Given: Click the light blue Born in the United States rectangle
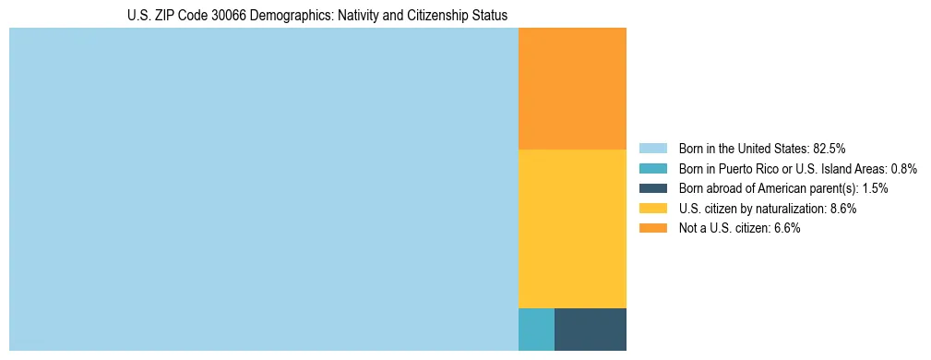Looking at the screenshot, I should coord(264,189).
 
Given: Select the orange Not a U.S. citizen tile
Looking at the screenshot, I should coord(572,89).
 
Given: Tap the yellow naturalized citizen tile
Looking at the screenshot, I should coord(572,228).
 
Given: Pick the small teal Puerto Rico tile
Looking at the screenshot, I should coord(536,329).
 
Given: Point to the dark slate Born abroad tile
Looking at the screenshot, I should coord(591,329).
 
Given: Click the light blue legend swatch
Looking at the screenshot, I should coord(652,149).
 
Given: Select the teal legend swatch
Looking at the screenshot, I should coord(652,169).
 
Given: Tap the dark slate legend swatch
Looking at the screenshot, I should coord(652,188).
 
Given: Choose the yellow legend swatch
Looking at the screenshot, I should coord(652,209).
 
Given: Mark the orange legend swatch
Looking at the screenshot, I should coord(652,229).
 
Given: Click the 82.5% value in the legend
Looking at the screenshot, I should coord(830,149).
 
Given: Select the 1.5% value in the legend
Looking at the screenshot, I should coord(875,188).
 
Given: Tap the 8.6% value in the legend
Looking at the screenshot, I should coord(841,209).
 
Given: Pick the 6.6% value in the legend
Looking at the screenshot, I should coord(785,229).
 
